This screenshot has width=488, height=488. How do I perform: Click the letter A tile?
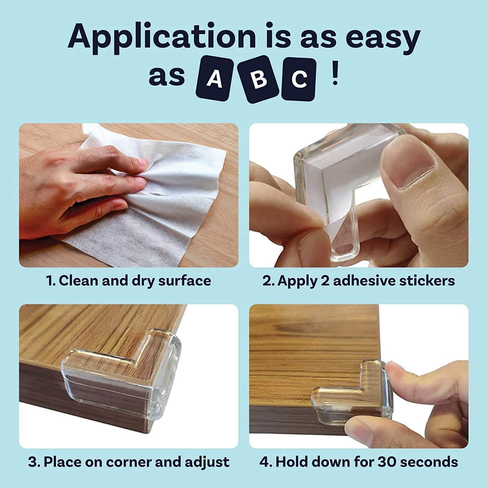click(x=214, y=79)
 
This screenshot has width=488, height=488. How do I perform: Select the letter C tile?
click(x=299, y=79)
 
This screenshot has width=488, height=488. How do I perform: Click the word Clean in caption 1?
click(x=79, y=281)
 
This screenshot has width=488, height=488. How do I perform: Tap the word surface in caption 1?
click(x=186, y=281)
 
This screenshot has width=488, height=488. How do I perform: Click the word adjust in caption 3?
click(x=208, y=462)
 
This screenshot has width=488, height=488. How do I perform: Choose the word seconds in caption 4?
click(x=429, y=462)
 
